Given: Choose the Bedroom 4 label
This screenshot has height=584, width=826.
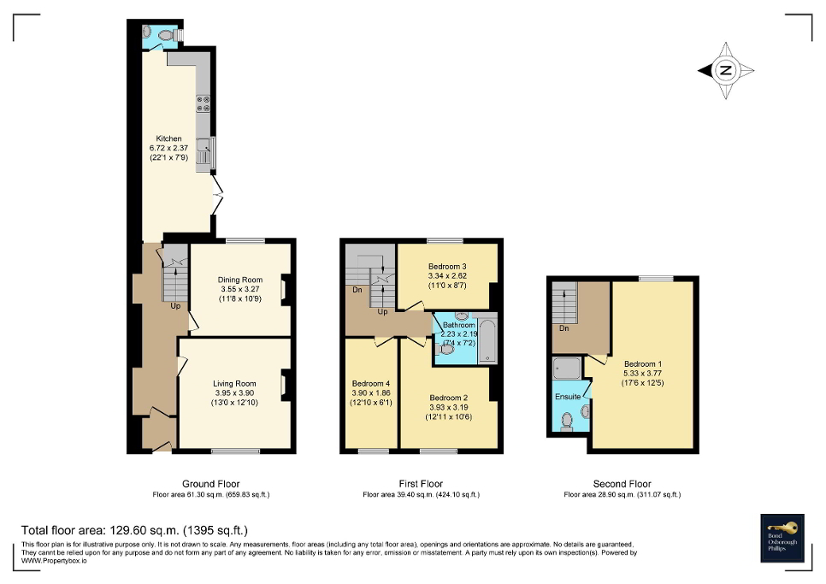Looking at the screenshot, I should click(x=369, y=383).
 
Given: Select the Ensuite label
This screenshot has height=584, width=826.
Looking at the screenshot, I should click(x=568, y=397).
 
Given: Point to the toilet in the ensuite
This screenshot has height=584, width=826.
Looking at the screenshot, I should click(x=567, y=420).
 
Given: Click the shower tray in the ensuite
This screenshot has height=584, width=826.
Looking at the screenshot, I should click(x=567, y=369).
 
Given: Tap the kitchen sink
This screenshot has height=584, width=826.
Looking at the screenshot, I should click(x=204, y=155).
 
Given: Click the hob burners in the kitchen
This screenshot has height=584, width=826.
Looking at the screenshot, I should click(x=204, y=103).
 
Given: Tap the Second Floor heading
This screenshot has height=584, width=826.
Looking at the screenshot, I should click(x=622, y=484).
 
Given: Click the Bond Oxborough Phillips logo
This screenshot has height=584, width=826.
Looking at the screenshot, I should click(x=782, y=538).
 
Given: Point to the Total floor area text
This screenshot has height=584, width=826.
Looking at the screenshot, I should click(x=134, y=530).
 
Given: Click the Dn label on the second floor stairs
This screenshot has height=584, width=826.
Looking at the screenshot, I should click(x=563, y=327).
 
